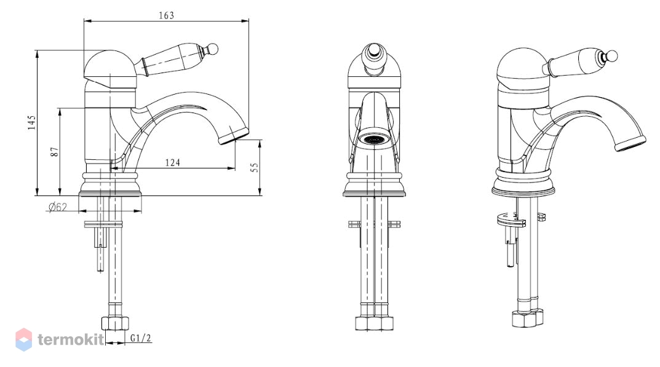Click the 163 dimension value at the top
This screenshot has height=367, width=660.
click(x=166, y=15)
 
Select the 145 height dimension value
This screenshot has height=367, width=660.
click(x=32, y=122)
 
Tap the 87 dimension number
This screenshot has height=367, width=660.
click(x=55, y=152)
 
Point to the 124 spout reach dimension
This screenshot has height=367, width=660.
click(x=173, y=162)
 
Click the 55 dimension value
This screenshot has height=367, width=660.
click(x=255, y=167)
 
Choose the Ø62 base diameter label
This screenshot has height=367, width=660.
click(x=58, y=207)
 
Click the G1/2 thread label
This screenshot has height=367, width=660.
click(x=141, y=338)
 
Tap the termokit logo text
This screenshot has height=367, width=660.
click(x=71, y=339)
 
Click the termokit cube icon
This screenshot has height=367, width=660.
click(x=23, y=339)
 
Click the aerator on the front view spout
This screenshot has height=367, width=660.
click(x=374, y=140)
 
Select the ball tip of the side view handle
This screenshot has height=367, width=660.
click(x=213, y=49)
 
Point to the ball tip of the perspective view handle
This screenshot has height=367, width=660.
click(x=612, y=56)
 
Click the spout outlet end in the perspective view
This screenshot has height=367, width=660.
click(x=630, y=143)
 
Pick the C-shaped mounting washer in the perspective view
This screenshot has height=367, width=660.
click(x=511, y=219)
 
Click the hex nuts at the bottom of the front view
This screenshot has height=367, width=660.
click(x=374, y=323)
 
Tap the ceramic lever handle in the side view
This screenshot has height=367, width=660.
click(x=173, y=61)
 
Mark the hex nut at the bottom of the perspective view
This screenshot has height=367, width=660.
click(x=527, y=318)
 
